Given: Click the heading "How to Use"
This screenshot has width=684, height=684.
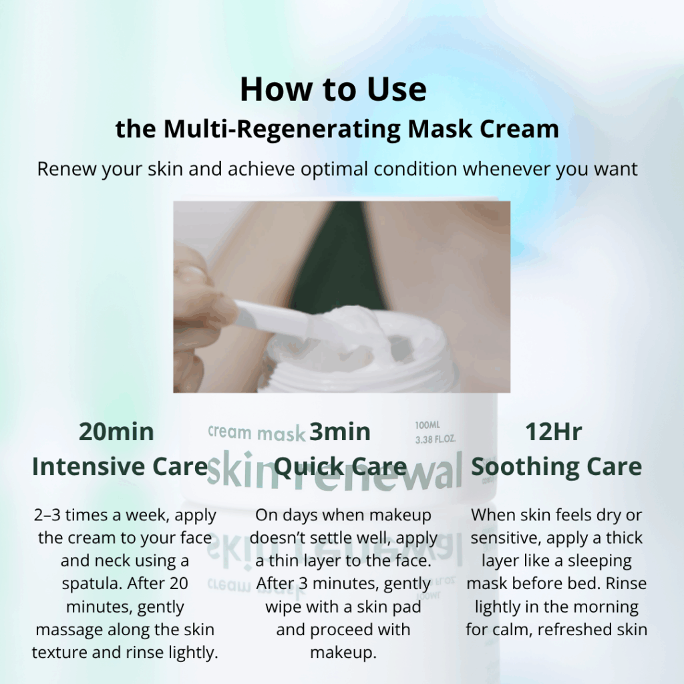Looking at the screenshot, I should tap(333, 90).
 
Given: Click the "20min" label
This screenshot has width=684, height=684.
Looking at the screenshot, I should tap(117, 432).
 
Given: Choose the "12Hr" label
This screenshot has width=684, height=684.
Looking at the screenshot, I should tap(554, 432).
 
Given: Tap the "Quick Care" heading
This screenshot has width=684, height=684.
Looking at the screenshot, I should tap(341, 467).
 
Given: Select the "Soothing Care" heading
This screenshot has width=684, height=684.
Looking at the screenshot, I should tap(556, 467).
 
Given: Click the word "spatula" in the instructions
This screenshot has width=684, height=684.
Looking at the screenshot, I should tap(91, 583).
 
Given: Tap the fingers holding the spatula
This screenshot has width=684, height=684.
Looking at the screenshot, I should tap(200, 307).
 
